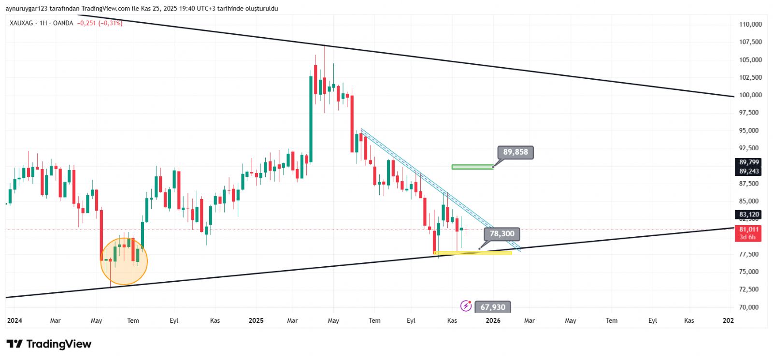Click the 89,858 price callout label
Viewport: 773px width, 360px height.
(x=515, y=152)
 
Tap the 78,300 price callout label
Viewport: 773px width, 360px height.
(x=502, y=234)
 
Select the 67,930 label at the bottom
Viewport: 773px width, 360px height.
(x=493, y=307)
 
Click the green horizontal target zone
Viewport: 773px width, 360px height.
(x=472, y=167)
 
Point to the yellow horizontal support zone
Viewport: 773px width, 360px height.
(x=473, y=253)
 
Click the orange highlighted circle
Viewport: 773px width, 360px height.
(x=124, y=261)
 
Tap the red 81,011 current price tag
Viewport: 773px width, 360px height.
(x=749, y=230)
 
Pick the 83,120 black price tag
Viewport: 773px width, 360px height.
(x=749, y=215)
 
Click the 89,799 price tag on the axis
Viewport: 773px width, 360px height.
(x=749, y=162)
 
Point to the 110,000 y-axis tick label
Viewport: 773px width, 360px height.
(x=750, y=24)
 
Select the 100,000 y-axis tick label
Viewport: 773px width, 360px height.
(x=750, y=95)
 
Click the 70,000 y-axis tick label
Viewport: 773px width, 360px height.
(x=750, y=307)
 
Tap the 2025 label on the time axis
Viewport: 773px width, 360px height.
(x=256, y=320)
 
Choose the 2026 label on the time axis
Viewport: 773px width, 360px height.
(x=493, y=320)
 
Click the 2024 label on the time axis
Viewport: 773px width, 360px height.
(x=14, y=320)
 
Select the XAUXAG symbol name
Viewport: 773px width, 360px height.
(x=21, y=23)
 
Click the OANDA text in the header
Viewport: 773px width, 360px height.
(x=63, y=23)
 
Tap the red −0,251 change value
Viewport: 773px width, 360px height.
(x=87, y=23)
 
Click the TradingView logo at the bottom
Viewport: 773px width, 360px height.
(x=49, y=344)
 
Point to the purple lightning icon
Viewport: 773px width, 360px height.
(x=466, y=306)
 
